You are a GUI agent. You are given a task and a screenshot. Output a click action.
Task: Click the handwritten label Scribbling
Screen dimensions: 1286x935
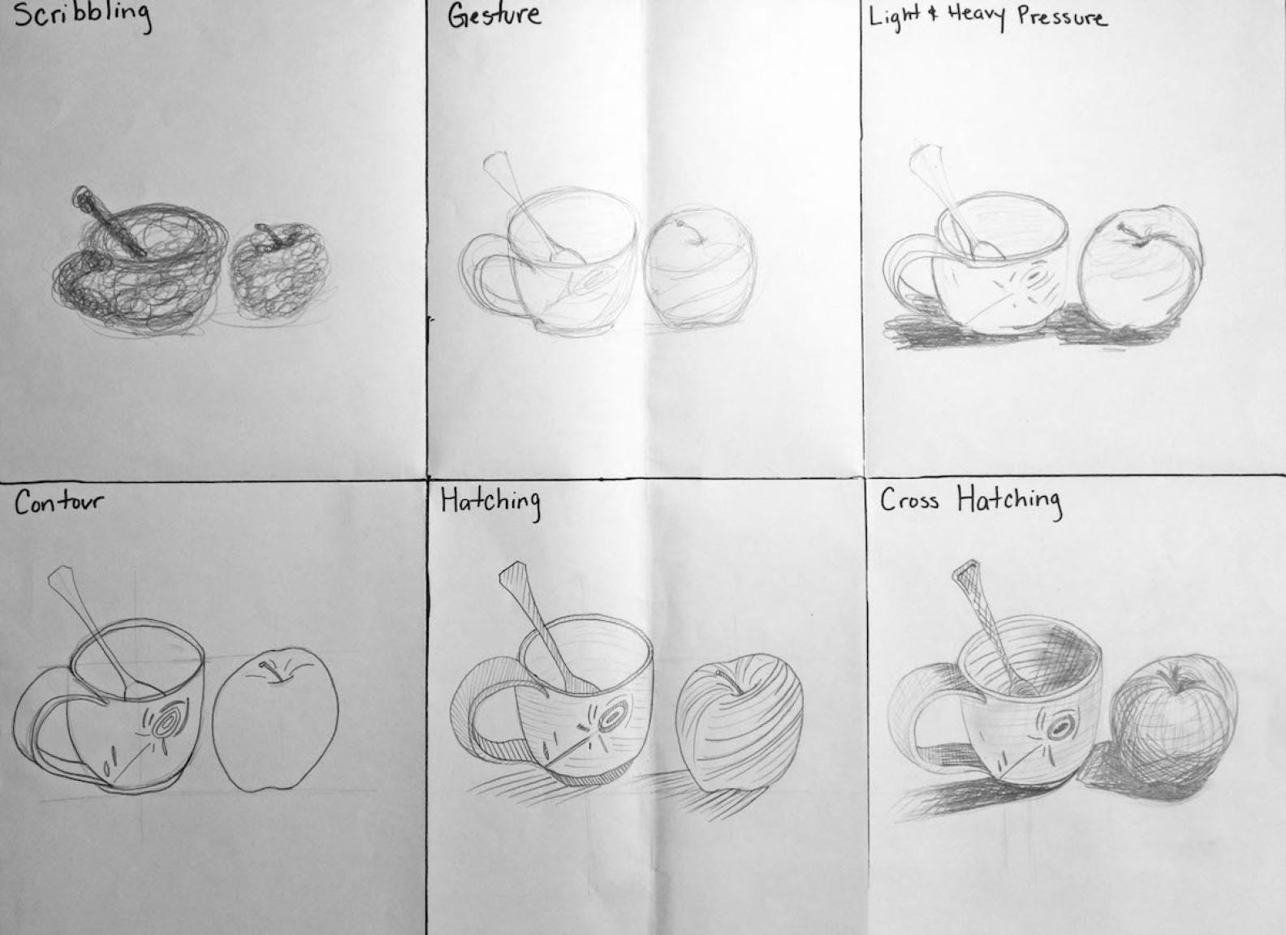click(83, 17)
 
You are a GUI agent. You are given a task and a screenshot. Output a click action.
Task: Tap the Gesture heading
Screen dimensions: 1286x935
click(494, 16)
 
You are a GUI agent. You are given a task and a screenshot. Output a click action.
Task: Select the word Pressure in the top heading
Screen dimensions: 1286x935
click(1062, 17)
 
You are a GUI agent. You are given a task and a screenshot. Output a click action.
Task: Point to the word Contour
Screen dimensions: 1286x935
click(58, 504)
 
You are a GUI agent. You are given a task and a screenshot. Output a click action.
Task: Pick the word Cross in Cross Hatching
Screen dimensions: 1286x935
click(910, 500)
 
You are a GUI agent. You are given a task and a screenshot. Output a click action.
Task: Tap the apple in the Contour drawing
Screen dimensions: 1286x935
click(275, 721)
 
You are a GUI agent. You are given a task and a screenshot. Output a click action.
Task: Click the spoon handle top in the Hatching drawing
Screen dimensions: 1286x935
click(512, 571)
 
